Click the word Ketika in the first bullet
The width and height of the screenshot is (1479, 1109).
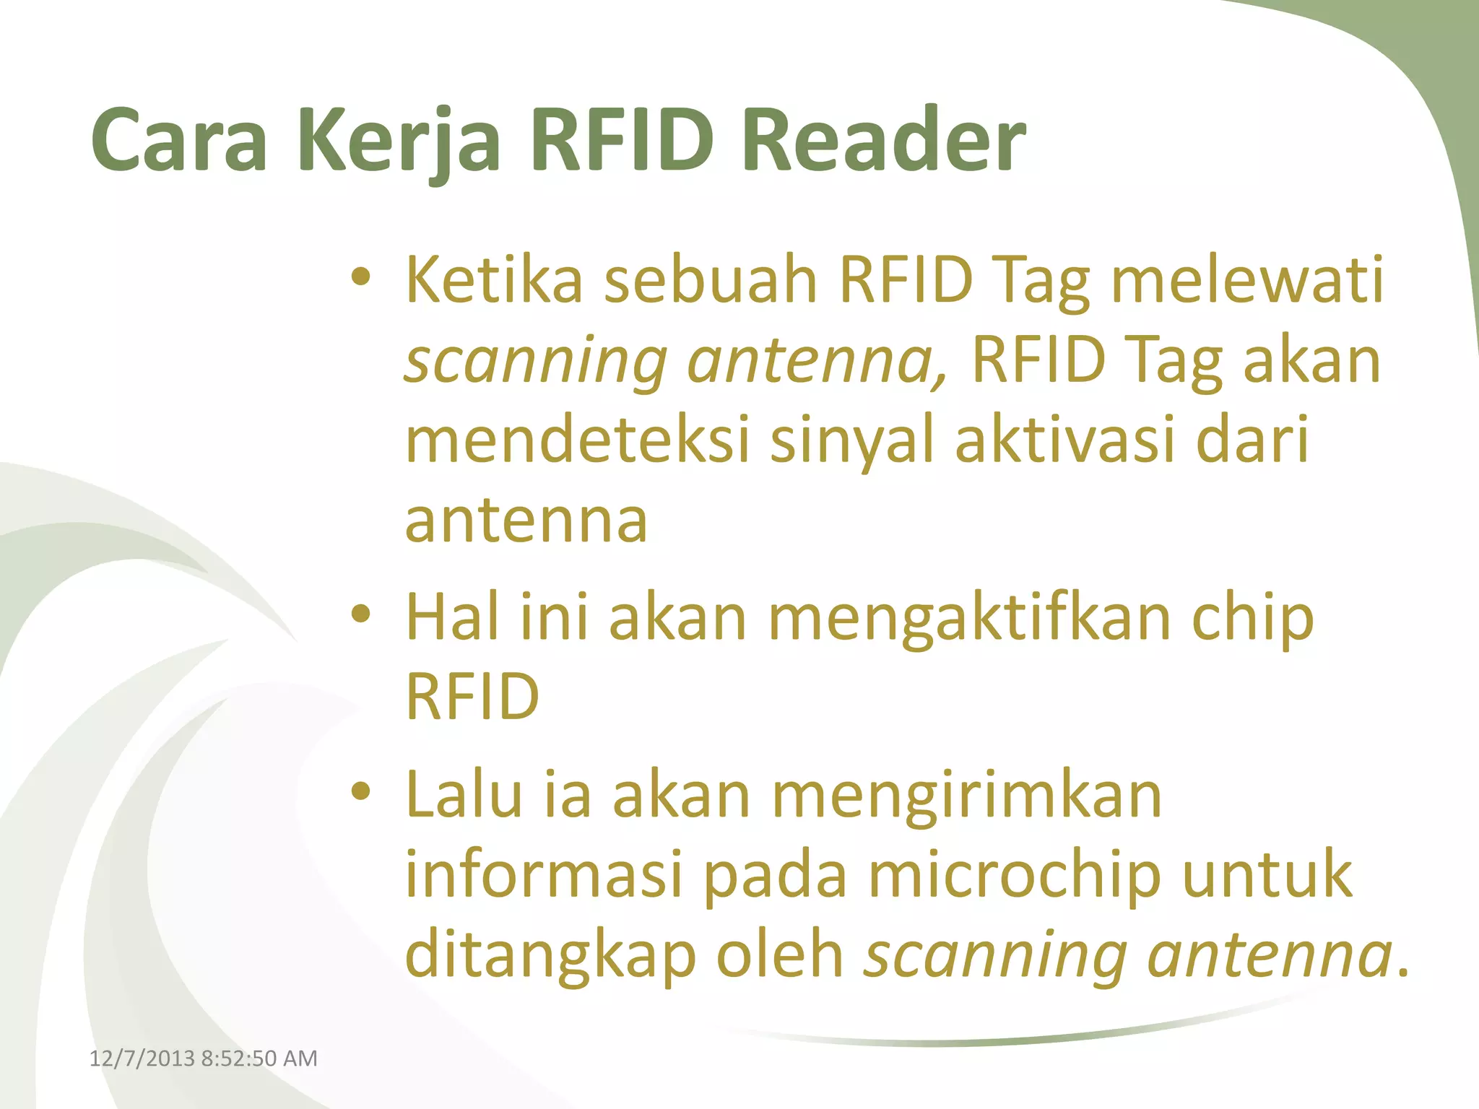coord(494,280)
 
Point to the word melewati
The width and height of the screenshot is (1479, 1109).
coord(1247,280)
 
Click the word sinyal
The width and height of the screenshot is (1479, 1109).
coord(852,440)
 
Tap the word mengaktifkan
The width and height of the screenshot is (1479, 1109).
coord(969,618)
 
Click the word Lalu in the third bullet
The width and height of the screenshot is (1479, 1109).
coord(464,795)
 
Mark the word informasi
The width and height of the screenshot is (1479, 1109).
coord(544,875)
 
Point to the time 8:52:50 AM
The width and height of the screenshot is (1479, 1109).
coord(259,1058)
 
